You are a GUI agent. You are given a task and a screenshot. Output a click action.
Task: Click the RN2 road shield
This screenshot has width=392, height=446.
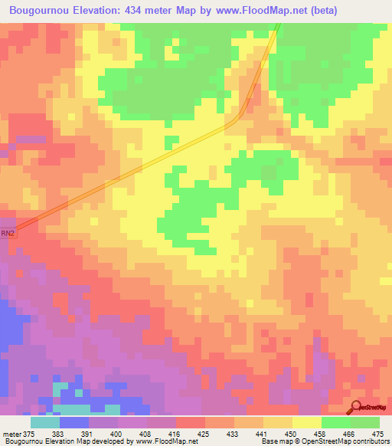pyautogui.click(x=8, y=233)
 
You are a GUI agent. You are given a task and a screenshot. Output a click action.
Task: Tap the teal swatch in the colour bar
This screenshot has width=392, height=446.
pyautogui.click(x=45, y=421)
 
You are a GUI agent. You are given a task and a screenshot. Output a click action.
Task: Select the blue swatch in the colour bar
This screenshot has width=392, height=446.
pyautogui.click(x=74, y=421)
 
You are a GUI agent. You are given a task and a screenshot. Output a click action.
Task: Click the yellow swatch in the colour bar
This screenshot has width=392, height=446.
pyautogui.click(x=307, y=421)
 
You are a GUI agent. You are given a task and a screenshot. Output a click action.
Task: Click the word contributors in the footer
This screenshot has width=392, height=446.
pyautogui.click(x=368, y=441)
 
